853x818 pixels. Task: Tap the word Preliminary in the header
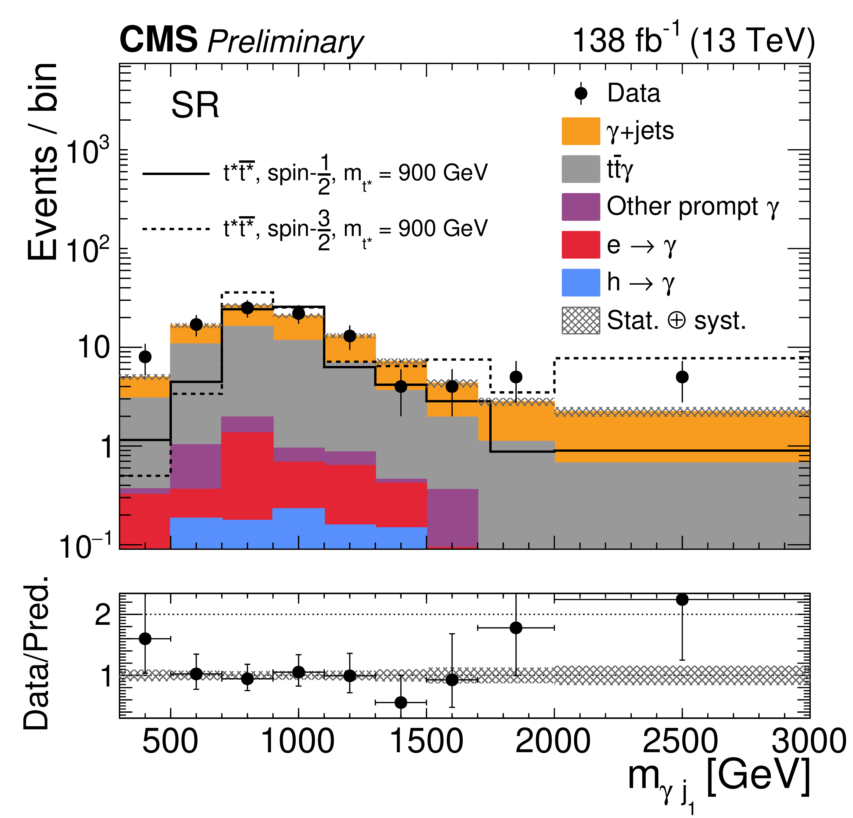coord(286,42)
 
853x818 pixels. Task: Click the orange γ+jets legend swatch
coord(581,131)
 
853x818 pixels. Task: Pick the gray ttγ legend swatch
coord(581,169)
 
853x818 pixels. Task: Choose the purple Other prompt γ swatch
coord(581,207)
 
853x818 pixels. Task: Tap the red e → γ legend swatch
coord(581,245)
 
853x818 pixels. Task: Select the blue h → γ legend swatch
coord(581,282)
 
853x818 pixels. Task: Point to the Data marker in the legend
coord(581,93)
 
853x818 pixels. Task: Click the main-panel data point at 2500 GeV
coord(682,377)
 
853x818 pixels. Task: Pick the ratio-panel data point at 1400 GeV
coord(401,702)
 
